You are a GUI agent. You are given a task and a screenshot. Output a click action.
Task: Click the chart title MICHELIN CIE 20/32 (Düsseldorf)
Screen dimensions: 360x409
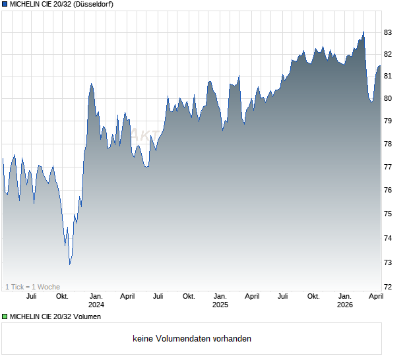coord(61,5)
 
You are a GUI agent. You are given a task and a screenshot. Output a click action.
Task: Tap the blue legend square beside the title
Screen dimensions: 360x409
coord(5,5)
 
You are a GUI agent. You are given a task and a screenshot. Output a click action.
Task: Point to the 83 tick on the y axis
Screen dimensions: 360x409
coord(389,32)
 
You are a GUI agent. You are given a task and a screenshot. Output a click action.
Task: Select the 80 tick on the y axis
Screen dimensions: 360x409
coord(389,99)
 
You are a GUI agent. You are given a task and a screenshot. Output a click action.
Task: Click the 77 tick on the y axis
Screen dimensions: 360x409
coord(389,167)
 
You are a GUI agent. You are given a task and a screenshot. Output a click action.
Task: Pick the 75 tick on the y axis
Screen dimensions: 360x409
coord(389,214)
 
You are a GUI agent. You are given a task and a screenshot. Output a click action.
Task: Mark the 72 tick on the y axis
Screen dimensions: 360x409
coord(389,287)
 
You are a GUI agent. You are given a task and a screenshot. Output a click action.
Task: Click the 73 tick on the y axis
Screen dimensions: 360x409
coord(389,262)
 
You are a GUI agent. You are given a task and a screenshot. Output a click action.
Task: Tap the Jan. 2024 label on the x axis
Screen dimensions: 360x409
coord(96,301)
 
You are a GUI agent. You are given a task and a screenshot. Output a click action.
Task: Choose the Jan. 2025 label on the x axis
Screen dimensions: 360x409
coord(220,301)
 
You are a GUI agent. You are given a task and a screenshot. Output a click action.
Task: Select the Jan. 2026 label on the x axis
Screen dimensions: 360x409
coord(344,301)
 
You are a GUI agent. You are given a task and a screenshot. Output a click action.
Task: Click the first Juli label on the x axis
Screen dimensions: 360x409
coord(31,297)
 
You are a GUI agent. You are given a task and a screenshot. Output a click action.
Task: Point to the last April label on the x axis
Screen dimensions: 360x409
coord(375,297)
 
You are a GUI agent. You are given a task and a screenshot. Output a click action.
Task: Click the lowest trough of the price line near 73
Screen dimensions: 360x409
coord(70,264)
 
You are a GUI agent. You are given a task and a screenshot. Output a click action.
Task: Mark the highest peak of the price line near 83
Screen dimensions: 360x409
coord(363,31)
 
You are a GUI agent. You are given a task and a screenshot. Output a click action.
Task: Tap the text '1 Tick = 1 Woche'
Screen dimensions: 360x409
coord(32,287)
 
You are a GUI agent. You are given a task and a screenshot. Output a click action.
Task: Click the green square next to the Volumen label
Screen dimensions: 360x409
coord(5,317)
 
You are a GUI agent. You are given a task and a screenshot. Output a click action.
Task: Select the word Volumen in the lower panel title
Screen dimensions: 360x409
coord(85,317)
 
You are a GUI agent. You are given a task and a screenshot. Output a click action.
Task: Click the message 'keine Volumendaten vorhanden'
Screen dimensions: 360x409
coord(192,339)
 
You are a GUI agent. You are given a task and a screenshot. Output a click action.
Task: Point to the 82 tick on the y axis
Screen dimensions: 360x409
coord(389,55)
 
